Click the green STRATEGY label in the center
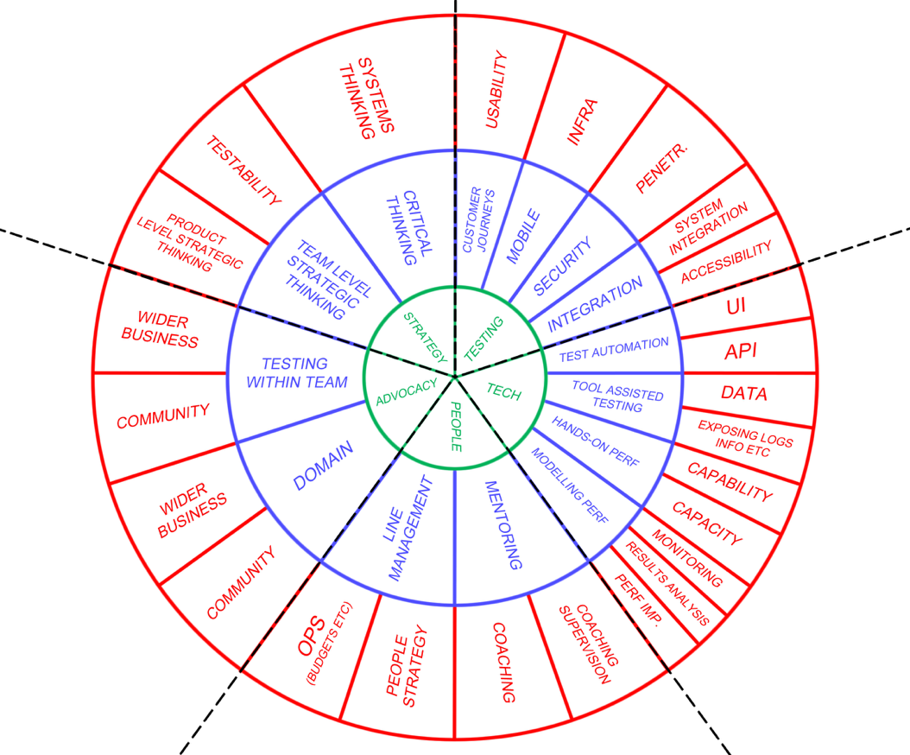tap(426, 338)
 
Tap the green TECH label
tap(503, 392)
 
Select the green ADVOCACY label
tap(407, 392)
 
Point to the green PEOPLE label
tap(456, 426)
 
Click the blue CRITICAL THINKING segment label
tap(410, 228)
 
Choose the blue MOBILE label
tap(523, 237)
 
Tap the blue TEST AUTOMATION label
tap(614, 350)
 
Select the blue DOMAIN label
tap(323, 466)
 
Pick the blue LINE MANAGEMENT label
tap(409, 529)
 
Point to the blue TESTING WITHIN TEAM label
tap(296, 373)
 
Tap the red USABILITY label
tap(496, 90)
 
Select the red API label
tap(741, 351)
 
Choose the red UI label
tap(736, 306)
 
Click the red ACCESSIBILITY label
tap(726, 262)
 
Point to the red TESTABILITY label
tap(243, 170)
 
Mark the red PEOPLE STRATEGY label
tap(407, 665)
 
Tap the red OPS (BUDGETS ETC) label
tap(324, 643)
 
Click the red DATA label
tap(744, 393)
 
